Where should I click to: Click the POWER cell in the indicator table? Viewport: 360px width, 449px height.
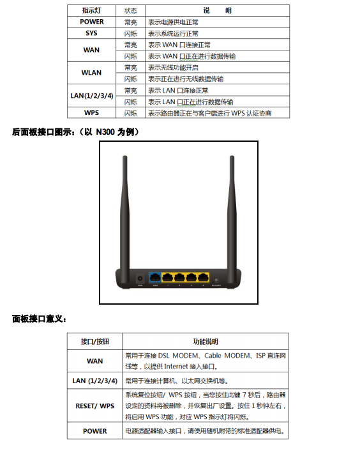pos(91,22)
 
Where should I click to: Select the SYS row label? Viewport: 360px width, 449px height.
pos(91,33)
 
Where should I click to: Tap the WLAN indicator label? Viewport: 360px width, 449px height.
pos(91,73)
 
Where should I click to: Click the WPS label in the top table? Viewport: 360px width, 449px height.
pos(91,112)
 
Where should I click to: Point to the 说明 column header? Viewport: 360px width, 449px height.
pos(217,11)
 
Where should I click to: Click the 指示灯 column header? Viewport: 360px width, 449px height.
pos(91,11)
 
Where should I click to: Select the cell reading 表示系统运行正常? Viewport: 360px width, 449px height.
pos(173,33)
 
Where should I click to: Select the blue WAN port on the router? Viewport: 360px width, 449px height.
pos(155,277)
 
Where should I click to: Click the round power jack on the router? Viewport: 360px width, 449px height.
pos(140,278)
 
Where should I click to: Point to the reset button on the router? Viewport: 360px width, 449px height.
pos(216,280)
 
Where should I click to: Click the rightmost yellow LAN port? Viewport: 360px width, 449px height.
pos(203,277)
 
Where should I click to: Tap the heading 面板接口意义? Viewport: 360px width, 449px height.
pos(39,319)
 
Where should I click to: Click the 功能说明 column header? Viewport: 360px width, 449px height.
pos(206,342)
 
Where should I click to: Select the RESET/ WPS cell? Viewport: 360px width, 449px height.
pos(95,406)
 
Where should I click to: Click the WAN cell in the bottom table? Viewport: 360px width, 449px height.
pos(94,361)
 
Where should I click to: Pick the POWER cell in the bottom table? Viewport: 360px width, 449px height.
pos(94,431)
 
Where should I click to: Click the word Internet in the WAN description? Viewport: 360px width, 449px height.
pos(176,367)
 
